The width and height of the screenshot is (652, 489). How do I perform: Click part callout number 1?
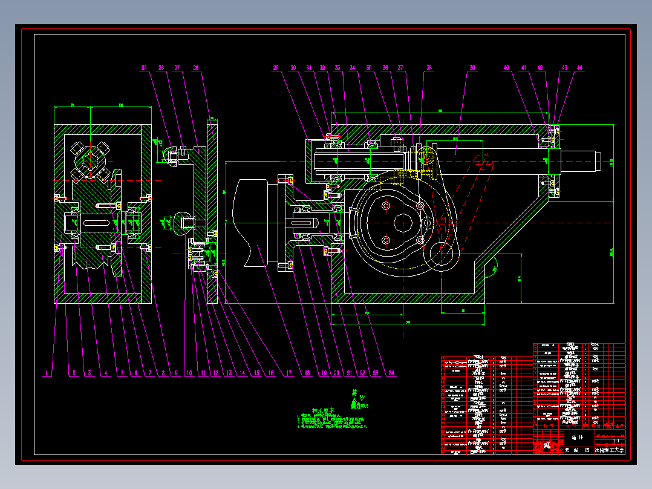pyautogui.click(x=47, y=374)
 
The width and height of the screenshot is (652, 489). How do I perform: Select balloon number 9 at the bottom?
pyautogui.click(x=176, y=374)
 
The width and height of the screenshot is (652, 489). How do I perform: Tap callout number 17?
pyautogui.click(x=289, y=374)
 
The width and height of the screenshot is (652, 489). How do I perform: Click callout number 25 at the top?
pyautogui.click(x=144, y=68)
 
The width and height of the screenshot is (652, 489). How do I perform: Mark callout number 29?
pyautogui.click(x=276, y=68)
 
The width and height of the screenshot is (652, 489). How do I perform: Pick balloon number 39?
pyautogui.click(x=472, y=68)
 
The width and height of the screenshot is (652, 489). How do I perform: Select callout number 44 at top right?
pyautogui.click(x=579, y=68)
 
